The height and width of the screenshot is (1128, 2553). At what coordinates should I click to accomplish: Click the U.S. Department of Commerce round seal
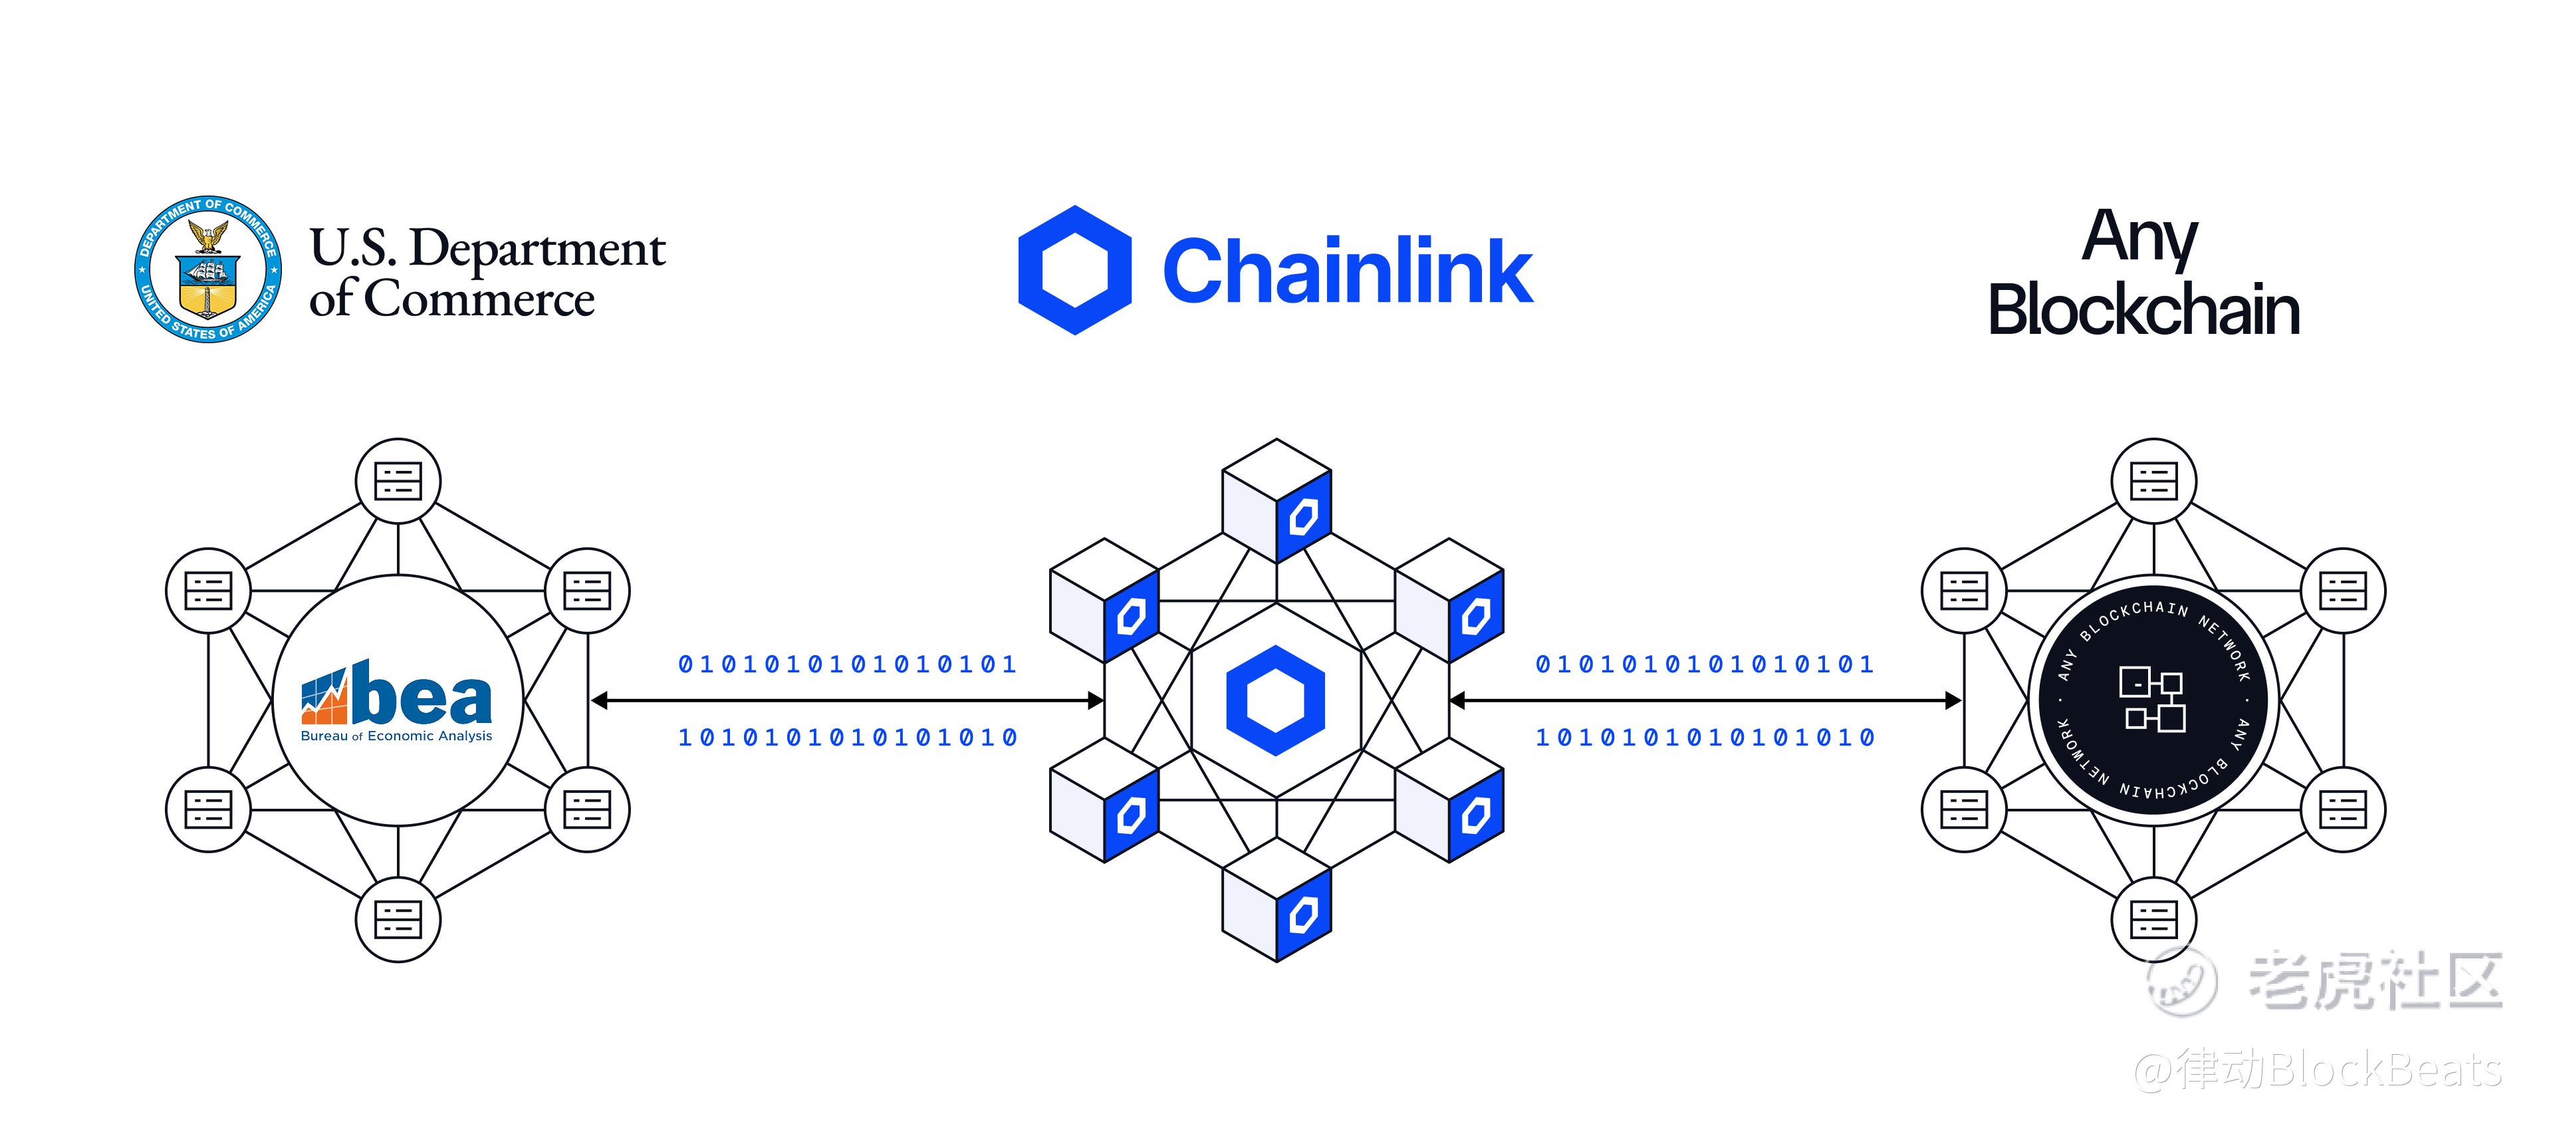pos(208,269)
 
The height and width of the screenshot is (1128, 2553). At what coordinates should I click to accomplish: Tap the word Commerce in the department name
pos(481,299)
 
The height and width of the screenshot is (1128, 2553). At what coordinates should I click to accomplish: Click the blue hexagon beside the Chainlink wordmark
pos(1075,269)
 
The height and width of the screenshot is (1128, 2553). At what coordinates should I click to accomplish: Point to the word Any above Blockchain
pos(2141,239)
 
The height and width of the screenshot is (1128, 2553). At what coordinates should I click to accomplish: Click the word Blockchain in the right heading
pos(2143,309)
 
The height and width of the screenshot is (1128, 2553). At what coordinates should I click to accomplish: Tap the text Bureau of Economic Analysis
pos(396,736)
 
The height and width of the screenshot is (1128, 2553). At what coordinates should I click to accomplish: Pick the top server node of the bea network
pos(398,481)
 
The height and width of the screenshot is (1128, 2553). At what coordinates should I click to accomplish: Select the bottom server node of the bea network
pos(398,919)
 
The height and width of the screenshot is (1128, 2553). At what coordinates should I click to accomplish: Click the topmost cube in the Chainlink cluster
pos(1276,501)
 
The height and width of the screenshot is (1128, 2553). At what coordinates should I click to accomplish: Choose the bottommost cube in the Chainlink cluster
pos(1276,900)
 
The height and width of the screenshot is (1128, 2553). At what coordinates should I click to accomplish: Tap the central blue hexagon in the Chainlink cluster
pos(1276,700)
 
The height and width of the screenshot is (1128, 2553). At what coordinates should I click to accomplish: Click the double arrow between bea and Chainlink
pos(848,701)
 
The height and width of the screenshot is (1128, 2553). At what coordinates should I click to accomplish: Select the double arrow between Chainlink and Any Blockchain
pos(1705,701)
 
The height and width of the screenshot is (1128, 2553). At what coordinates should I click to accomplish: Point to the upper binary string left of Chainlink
pos(848,664)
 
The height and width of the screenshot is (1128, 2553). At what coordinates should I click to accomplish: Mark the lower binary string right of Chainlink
pos(1705,738)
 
